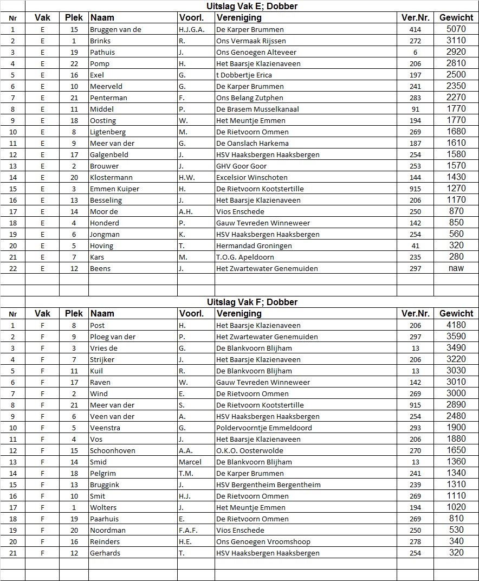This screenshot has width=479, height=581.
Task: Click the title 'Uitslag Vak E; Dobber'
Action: point(252,7)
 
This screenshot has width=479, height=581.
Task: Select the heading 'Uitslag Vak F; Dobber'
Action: point(252,302)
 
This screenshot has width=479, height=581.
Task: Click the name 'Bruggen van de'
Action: point(115,29)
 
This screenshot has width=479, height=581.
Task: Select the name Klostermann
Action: point(111,177)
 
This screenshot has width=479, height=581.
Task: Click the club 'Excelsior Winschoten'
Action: point(251,177)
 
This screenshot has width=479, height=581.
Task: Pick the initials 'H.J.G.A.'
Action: point(192,29)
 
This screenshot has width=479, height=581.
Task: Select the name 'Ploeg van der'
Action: point(113,337)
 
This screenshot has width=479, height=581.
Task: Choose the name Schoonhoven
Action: point(113,450)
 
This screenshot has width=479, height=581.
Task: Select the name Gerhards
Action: point(105,553)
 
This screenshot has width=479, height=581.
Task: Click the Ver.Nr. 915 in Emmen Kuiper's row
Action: point(415,189)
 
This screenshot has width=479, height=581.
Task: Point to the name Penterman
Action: point(108,98)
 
